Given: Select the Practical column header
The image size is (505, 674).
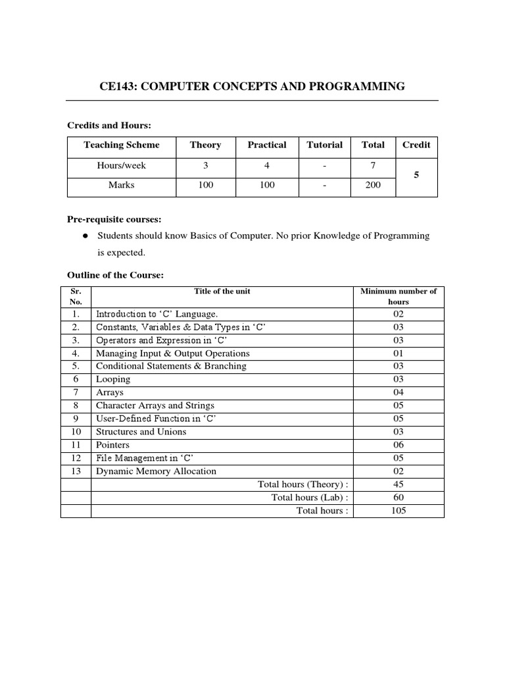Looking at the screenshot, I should (267, 145).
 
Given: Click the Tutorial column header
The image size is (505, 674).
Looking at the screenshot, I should (325, 145).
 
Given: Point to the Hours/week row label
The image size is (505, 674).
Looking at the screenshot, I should (122, 166).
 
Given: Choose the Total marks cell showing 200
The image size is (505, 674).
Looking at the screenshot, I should (373, 186).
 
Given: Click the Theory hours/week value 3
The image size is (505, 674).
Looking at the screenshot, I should (206, 166).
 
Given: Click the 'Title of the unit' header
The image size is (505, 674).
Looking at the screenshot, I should (222, 291).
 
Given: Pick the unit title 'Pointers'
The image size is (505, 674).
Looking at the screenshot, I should (112, 445).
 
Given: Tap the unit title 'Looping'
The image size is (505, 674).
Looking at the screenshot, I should (113, 379).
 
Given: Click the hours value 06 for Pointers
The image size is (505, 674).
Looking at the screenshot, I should (398, 445).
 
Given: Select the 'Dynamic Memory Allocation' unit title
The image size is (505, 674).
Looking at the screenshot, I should (156, 471).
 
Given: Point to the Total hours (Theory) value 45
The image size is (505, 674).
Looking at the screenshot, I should (398, 484).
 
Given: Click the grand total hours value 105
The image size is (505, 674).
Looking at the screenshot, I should (398, 511).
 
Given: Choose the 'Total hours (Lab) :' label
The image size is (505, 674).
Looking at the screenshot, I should (310, 498).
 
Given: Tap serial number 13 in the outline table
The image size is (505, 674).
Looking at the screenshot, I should (76, 471).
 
